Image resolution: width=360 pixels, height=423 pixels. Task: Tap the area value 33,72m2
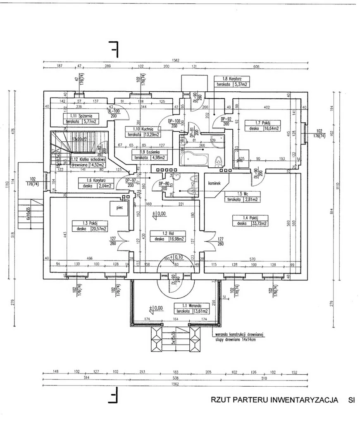pos(258,224)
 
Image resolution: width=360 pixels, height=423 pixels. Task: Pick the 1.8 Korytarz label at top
pos(232,78)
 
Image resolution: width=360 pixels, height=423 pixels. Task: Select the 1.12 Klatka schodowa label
pos(89,159)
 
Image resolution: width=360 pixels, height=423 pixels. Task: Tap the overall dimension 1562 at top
pos(176,60)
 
